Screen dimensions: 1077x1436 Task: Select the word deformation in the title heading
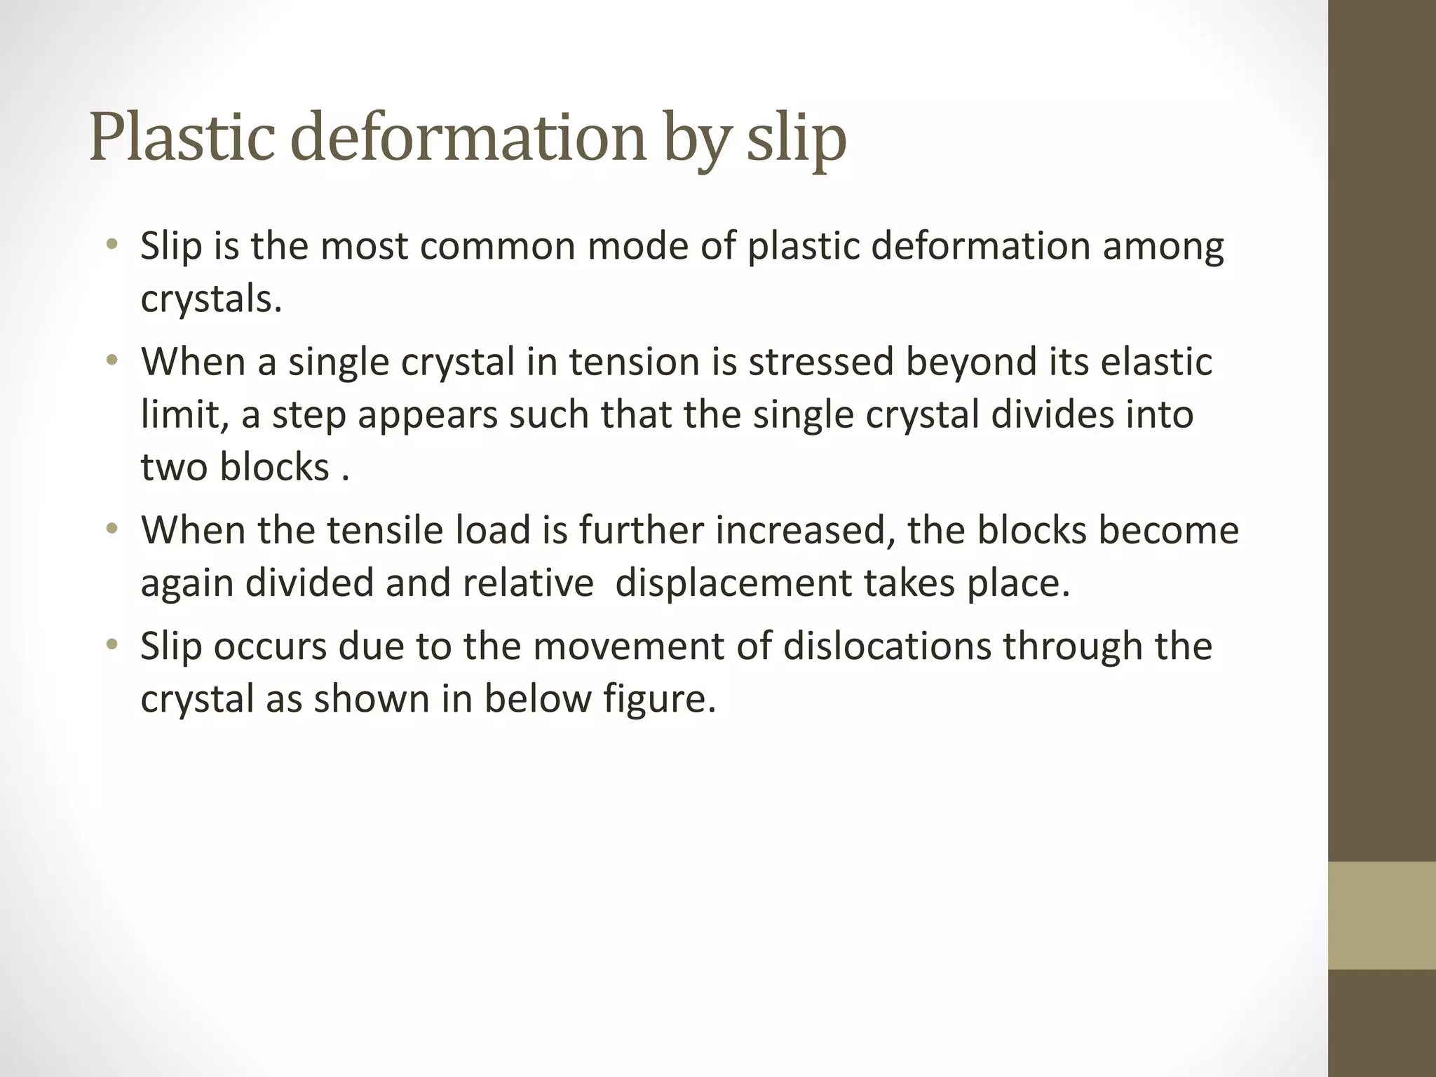(x=467, y=137)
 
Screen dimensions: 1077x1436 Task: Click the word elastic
(x=1156, y=362)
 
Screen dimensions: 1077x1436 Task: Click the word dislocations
(x=887, y=646)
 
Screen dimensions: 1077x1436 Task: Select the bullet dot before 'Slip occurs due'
(x=111, y=645)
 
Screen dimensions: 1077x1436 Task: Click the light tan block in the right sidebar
(x=1381, y=916)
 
